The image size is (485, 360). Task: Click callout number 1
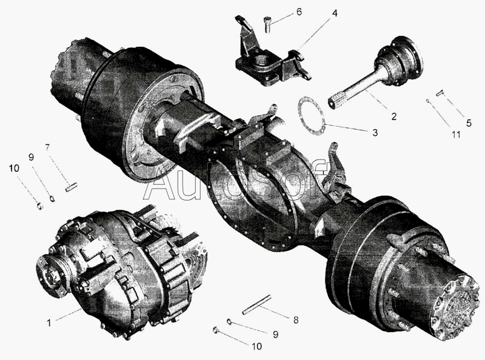pos(49,323)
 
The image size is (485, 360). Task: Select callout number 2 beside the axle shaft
pos(393,116)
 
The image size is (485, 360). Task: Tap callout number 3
pos(375,133)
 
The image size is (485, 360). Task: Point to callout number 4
pos(335,13)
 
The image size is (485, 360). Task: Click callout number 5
pos(469,123)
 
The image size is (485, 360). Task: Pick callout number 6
pos(299,12)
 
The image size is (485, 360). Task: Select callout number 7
pos(47,147)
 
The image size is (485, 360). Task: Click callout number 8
pos(296,320)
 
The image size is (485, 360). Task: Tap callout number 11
pos(457,135)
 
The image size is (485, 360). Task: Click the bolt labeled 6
pos(268,25)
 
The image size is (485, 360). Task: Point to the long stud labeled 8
pos(256,305)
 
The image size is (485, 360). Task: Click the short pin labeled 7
pos(71,187)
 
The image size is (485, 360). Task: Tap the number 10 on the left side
pos(14,168)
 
